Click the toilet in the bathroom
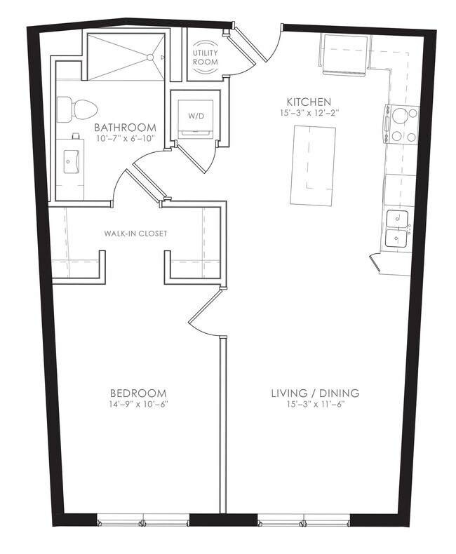[77, 109]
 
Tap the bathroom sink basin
[72, 162]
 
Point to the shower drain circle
[150, 58]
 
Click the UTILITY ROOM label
[205, 58]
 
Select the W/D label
[196, 116]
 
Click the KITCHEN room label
[309, 102]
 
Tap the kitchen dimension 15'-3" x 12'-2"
[309, 113]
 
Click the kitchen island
[313, 165]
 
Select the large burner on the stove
[400, 116]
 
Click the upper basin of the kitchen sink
[397, 219]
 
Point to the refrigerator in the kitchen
[344, 54]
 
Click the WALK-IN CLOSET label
[135, 234]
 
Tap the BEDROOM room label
[138, 393]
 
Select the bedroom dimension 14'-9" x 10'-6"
[138, 404]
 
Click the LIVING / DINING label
[315, 393]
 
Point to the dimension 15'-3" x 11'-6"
[315, 404]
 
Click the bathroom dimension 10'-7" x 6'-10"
[125, 138]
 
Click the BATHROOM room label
[125, 127]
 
